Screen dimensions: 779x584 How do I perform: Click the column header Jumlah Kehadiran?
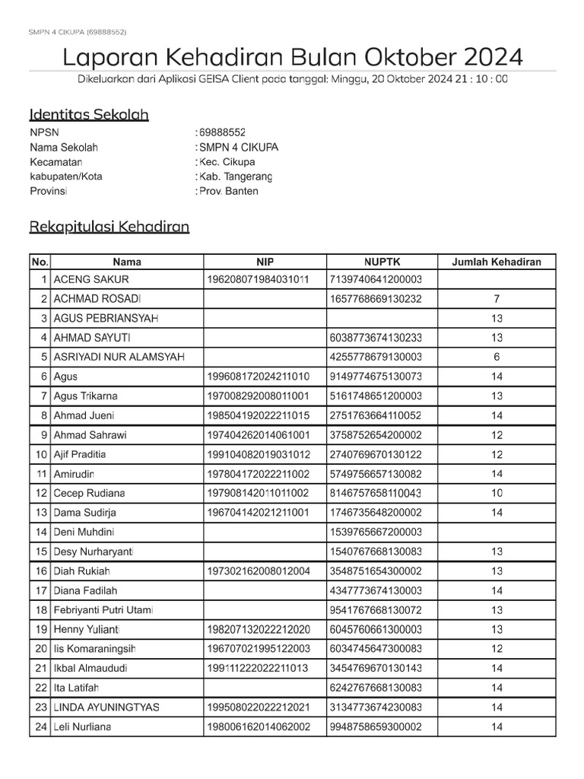(x=497, y=262)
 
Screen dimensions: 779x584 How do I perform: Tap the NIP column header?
(x=265, y=262)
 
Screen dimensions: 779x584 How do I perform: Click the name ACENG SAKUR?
(x=91, y=279)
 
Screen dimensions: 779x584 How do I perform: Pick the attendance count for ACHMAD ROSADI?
(x=497, y=299)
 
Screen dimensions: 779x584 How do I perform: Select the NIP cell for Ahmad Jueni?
(x=258, y=415)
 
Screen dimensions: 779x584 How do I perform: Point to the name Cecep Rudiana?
(x=90, y=493)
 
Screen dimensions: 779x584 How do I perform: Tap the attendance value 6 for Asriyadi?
(x=497, y=357)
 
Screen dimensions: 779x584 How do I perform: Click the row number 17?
(x=40, y=590)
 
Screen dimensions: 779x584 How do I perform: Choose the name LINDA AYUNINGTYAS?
(x=106, y=707)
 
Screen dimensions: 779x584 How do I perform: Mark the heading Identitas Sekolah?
(x=89, y=115)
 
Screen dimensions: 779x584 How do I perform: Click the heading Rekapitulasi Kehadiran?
(x=109, y=227)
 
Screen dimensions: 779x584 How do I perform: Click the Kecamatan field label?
(x=56, y=162)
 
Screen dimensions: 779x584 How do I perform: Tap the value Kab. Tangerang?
(x=235, y=176)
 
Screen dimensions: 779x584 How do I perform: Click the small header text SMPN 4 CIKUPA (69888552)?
(x=78, y=32)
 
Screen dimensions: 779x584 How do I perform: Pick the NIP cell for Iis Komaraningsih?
(x=258, y=648)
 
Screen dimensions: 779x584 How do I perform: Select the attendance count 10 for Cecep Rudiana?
(x=497, y=493)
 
